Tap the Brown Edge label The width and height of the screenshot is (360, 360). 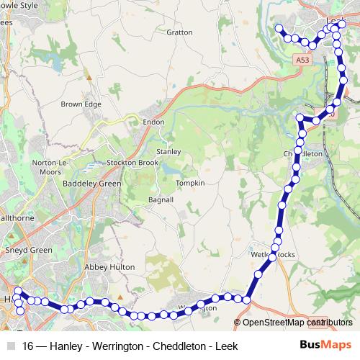pyautogui.click(x=81, y=104)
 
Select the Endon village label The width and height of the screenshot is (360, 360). pyautogui.click(x=154, y=122)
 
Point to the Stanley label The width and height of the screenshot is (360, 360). pyautogui.click(x=168, y=152)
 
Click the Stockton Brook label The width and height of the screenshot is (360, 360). pyautogui.click(x=132, y=163)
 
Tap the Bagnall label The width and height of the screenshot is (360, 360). pyautogui.click(x=161, y=199)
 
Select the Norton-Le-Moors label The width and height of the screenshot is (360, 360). pyautogui.click(x=50, y=168)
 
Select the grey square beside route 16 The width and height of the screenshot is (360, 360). pyautogui.click(x=12, y=346)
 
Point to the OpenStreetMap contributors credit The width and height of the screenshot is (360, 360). pyautogui.click(x=293, y=323)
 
